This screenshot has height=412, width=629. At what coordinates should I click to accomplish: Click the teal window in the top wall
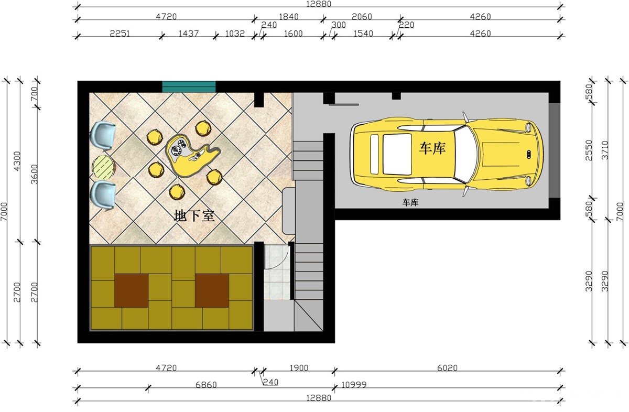click(x=189, y=86)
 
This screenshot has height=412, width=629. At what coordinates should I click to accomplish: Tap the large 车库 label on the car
click(x=432, y=148)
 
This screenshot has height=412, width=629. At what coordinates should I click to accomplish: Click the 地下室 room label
click(x=194, y=215)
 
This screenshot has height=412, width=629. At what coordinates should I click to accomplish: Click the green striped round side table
click(x=104, y=167)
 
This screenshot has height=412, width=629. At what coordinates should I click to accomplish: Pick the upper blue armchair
click(x=103, y=136)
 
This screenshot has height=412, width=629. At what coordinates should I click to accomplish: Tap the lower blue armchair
click(x=103, y=195)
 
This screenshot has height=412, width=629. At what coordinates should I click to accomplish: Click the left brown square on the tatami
click(x=132, y=290)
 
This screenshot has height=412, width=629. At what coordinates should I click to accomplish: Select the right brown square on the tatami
click(x=212, y=290)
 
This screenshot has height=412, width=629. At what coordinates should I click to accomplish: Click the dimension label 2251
click(x=120, y=34)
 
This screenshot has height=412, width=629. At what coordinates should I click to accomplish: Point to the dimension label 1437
click(x=189, y=34)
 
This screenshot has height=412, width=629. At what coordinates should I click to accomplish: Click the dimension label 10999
click(x=354, y=384)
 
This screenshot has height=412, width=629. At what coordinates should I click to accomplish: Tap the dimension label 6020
click(x=447, y=367)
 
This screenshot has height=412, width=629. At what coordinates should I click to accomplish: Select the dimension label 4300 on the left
click(x=17, y=161)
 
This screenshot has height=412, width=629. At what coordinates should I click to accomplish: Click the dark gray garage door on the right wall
click(x=555, y=150)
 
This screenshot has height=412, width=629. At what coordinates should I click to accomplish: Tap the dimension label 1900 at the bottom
click(x=299, y=367)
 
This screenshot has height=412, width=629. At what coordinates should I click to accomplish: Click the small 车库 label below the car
click(x=410, y=202)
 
